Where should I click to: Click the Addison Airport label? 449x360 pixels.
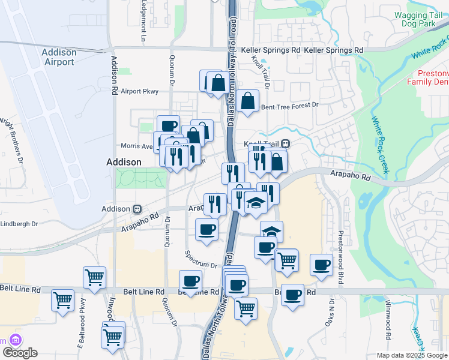(x=59, y=57)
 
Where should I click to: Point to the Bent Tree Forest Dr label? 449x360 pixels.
(x=289, y=105)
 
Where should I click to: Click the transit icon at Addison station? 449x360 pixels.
(x=137, y=209)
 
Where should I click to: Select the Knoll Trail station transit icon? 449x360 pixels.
(x=286, y=144)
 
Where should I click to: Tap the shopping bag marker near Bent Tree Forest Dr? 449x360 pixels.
(x=247, y=101)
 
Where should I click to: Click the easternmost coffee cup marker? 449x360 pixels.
(x=321, y=265)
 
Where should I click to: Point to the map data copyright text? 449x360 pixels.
(x=411, y=355)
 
